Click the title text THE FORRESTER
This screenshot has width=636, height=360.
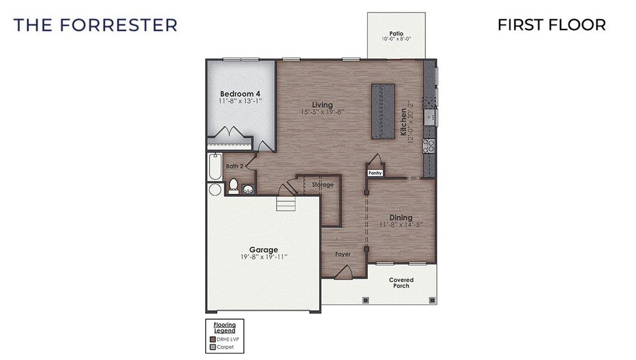point(95,25)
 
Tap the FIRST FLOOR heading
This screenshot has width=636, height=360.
point(551,25)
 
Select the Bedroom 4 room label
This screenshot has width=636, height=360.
point(240,94)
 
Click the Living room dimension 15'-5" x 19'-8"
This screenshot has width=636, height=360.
point(322,112)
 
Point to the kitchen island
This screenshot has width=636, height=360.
point(383,112)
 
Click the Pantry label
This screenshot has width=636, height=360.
point(376,173)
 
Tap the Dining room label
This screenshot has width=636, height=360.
point(401,217)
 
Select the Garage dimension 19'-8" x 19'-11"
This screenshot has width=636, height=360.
point(263,257)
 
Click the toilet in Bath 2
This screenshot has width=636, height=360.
point(234,185)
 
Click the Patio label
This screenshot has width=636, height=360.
point(395,34)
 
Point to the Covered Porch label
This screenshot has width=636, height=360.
point(401,283)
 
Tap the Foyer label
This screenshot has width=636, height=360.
point(343,254)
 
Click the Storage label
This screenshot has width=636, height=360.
point(323,185)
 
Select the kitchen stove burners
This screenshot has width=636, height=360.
point(429,145)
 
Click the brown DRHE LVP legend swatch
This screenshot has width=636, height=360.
point(212,339)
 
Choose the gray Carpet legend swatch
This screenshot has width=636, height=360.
point(212,347)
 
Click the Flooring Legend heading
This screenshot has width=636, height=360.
point(224,328)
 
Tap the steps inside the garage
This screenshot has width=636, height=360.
point(286,205)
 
